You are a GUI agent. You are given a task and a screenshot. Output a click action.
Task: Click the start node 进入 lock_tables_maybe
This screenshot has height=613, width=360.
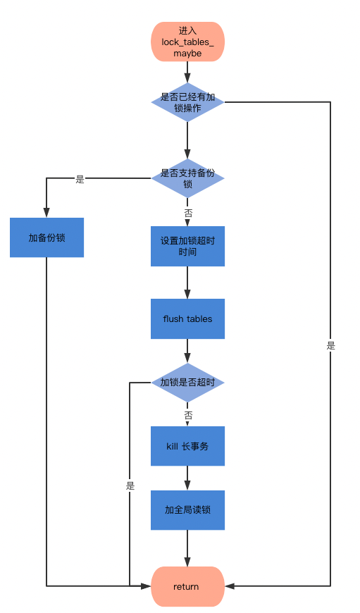pyautogui.click(x=187, y=42)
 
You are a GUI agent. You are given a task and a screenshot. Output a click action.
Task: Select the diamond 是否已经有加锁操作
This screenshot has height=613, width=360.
pyautogui.click(x=187, y=102)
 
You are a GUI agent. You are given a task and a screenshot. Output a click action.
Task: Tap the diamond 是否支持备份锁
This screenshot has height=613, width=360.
pyautogui.click(x=187, y=178)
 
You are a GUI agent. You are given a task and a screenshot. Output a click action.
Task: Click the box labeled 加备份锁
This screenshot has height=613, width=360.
pyautogui.click(x=47, y=237)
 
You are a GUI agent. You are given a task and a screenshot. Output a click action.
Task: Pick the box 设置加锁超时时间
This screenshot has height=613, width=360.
pyautogui.click(x=187, y=246)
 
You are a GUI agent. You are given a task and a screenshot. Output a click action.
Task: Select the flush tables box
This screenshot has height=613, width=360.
pyautogui.click(x=187, y=318)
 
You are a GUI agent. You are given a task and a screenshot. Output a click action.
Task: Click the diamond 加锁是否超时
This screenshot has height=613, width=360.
pyautogui.click(x=187, y=383)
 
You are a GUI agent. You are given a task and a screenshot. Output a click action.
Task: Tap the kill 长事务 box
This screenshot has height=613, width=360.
pyautogui.click(x=187, y=446)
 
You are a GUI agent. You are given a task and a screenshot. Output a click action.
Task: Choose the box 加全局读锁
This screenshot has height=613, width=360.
pyautogui.click(x=187, y=510)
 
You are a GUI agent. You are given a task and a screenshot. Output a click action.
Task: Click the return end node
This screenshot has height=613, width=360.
pyautogui.click(x=187, y=586)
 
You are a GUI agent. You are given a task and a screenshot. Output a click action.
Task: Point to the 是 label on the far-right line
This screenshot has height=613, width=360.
pyautogui.click(x=330, y=345)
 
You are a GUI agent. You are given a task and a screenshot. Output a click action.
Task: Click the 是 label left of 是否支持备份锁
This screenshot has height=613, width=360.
pyautogui.click(x=80, y=180)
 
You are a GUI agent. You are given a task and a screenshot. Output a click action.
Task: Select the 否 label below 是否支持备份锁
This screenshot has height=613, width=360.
pyautogui.click(x=188, y=213)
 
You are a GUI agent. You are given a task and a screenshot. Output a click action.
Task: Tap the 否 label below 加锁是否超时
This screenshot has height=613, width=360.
pyautogui.click(x=188, y=415)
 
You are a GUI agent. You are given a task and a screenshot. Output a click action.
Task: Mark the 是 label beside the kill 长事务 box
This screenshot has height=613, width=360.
pyautogui.click(x=130, y=486)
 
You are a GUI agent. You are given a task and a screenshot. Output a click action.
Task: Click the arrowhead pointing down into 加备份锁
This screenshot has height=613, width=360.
pyautogui.click(x=46, y=213)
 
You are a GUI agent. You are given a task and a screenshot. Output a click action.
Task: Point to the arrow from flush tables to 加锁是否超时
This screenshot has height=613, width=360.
pyautogui.click(x=187, y=351)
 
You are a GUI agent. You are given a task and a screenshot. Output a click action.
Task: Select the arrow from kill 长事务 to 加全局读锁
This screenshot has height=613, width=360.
pyautogui.click(x=187, y=478)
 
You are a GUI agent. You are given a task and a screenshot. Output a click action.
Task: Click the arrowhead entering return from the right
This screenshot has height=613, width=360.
pyautogui.click(x=230, y=586)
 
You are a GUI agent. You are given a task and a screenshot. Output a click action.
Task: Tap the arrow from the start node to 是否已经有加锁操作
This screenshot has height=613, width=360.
pyautogui.click(x=187, y=72)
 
